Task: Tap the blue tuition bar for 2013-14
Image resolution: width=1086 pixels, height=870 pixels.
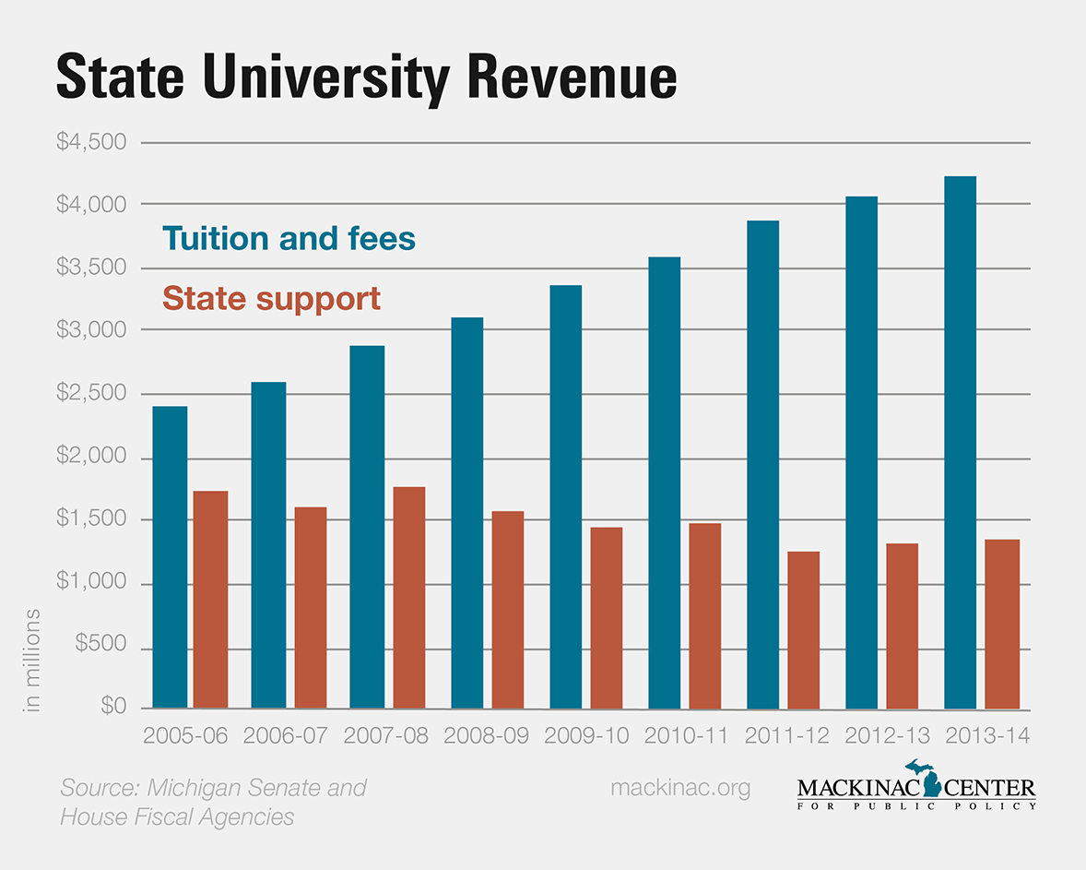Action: coord(960,443)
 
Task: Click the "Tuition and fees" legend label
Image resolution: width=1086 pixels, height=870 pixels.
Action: coord(289,239)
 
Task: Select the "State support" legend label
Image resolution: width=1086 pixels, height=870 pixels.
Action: coord(271,299)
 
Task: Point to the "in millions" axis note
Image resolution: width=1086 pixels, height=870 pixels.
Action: coord(33,659)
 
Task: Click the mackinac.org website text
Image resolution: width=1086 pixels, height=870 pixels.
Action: coord(680,788)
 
